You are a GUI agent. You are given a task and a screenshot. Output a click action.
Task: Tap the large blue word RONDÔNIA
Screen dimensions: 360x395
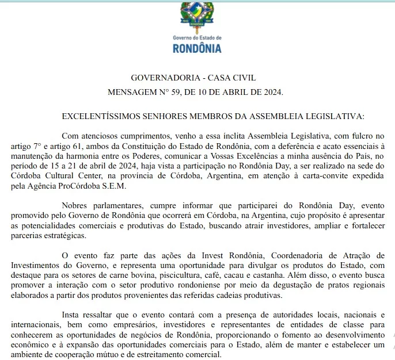(x=197, y=48)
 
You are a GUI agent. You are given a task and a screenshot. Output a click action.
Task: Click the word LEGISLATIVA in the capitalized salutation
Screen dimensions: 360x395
(x=336, y=116)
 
